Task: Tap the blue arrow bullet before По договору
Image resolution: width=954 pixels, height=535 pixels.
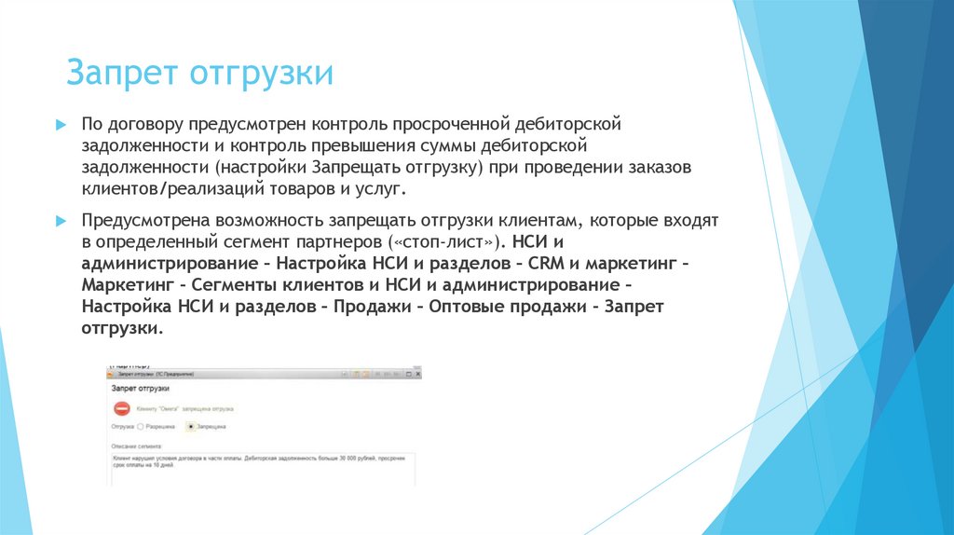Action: tap(60, 124)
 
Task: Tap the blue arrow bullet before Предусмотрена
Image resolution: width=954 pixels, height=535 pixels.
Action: tap(60, 220)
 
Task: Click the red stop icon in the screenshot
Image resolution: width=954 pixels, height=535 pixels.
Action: tap(121, 408)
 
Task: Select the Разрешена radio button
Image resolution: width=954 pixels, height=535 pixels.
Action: tap(141, 426)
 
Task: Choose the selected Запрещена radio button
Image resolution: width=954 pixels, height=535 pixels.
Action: tap(190, 426)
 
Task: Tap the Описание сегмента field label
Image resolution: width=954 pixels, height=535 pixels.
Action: tap(136, 446)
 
